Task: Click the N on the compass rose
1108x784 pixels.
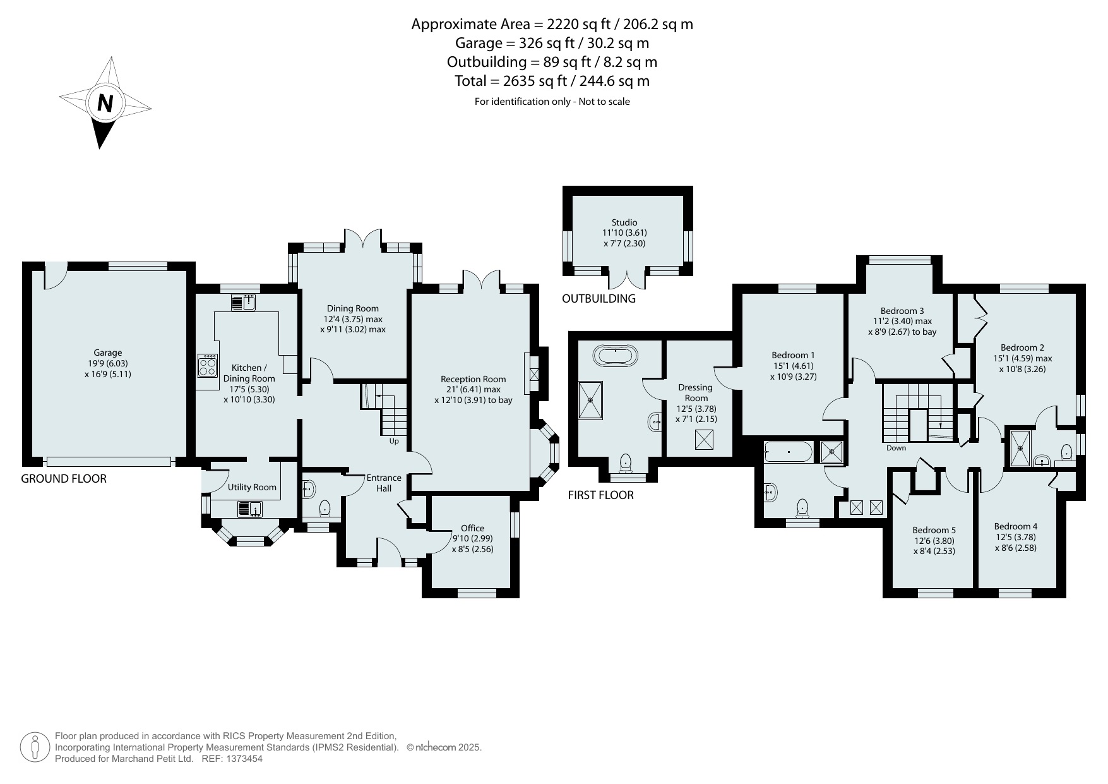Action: click(x=105, y=103)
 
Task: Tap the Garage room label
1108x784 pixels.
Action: click(x=108, y=353)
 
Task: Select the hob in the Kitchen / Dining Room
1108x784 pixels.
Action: click(x=208, y=366)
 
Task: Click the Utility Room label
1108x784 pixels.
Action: click(x=252, y=487)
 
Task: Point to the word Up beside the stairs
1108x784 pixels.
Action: click(x=394, y=441)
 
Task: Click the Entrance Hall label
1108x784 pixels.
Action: click(x=384, y=483)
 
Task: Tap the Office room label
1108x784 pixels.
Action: click(x=472, y=528)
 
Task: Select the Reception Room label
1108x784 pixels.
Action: click(x=474, y=379)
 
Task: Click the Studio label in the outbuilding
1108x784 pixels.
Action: click(x=624, y=222)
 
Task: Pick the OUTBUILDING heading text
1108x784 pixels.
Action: click(x=599, y=299)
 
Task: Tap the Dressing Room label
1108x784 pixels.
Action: click(x=696, y=392)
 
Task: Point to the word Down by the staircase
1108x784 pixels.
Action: click(x=896, y=448)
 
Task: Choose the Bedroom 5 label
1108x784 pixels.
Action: click(x=934, y=530)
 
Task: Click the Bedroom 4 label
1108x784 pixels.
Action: click(x=1015, y=526)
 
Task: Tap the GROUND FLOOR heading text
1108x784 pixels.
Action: click(x=64, y=479)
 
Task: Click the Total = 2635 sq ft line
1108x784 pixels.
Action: click(x=552, y=81)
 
